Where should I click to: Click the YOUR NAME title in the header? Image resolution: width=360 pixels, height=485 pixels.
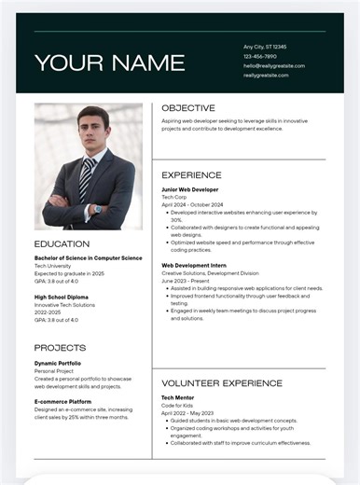[109, 62]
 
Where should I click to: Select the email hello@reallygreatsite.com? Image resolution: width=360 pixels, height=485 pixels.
[274, 66]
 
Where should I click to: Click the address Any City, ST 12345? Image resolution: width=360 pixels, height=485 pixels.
[265, 47]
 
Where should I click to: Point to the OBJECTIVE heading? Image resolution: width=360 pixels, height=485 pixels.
[188, 108]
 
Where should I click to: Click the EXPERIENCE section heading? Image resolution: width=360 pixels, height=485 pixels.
[191, 174]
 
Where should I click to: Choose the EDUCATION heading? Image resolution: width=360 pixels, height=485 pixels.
[62, 244]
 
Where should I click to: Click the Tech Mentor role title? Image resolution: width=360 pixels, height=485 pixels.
[180, 397]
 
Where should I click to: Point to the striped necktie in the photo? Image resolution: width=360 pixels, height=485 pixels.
[86, 178]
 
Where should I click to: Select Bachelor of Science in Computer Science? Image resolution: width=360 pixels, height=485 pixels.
[88, 257]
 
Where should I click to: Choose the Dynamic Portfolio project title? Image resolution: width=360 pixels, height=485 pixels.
[58, 363]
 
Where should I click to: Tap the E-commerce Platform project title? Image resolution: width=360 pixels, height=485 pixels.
[63, 401]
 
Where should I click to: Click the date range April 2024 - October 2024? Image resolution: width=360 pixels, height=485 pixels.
[192, 204]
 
